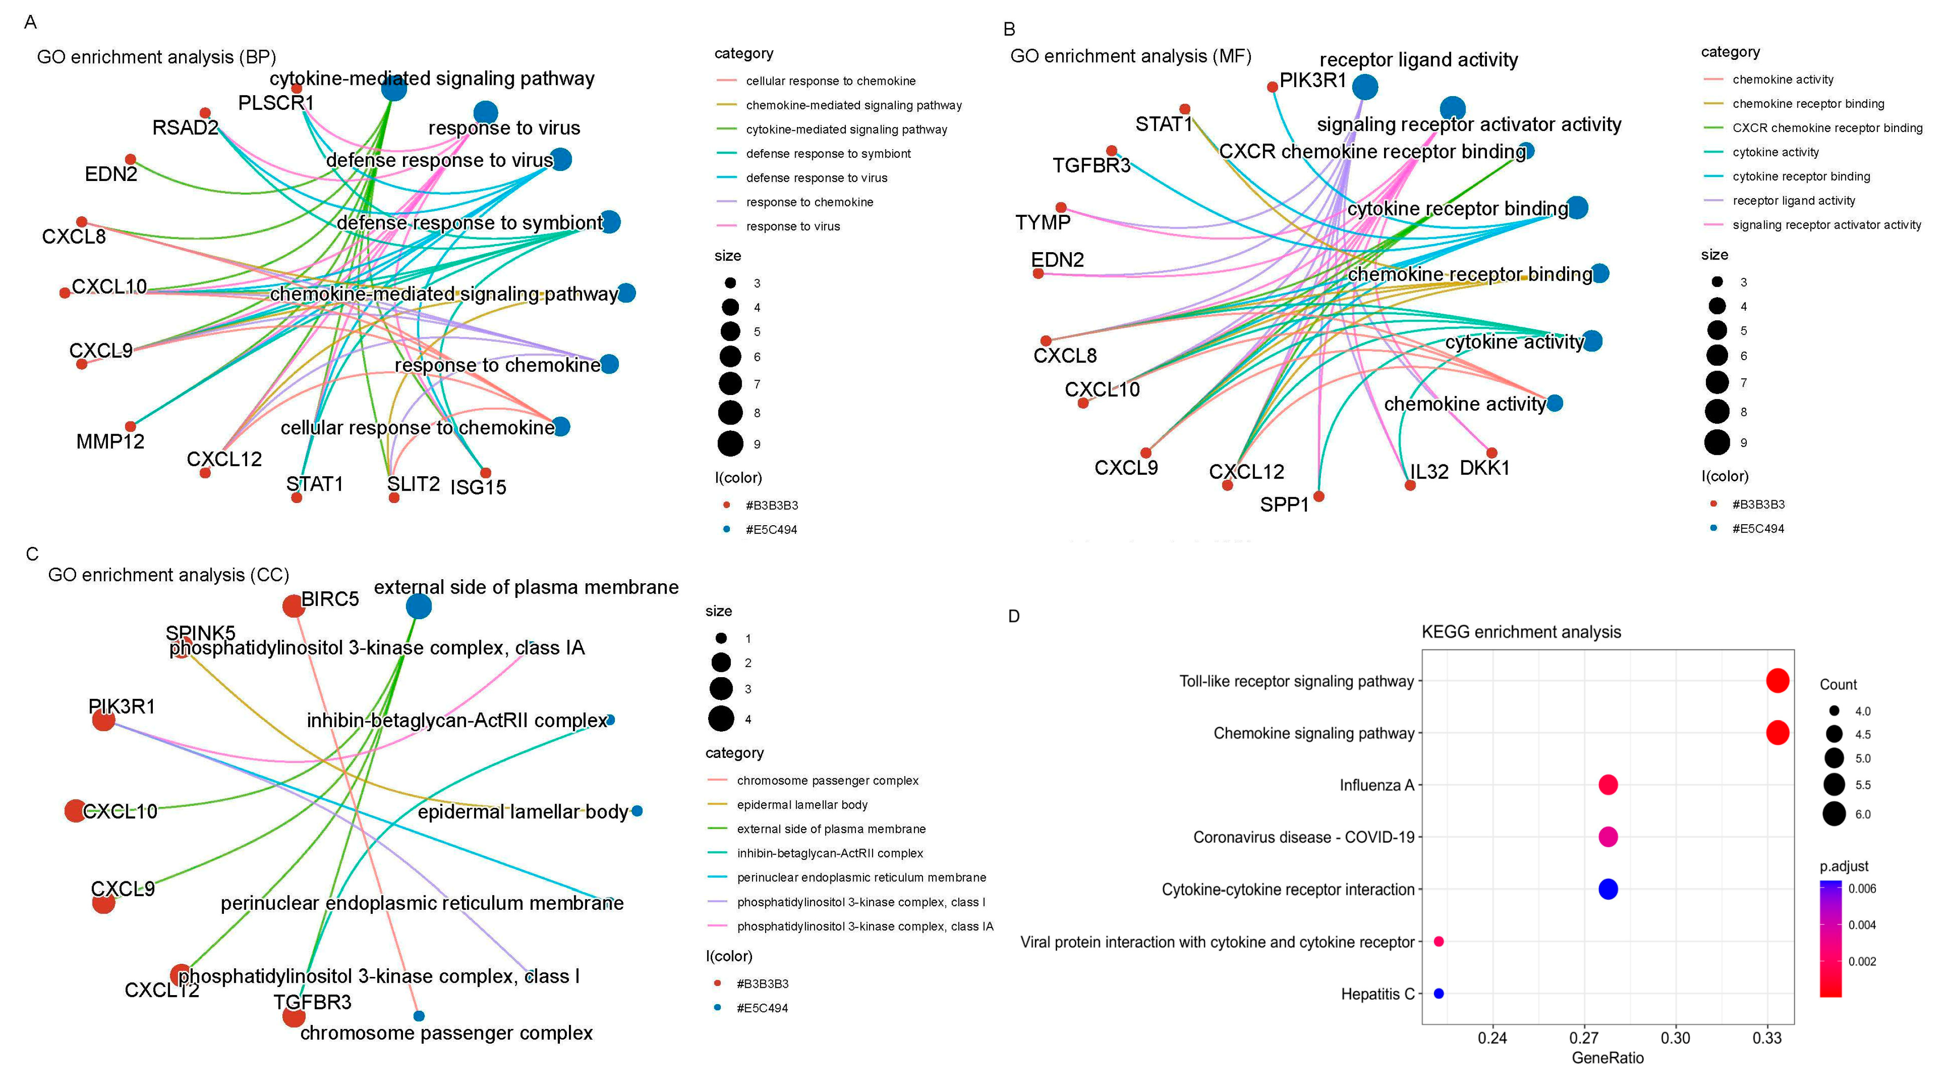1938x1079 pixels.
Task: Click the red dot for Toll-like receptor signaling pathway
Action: [x=1777, y=680]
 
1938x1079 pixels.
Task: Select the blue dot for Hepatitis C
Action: [x=1438, y=993]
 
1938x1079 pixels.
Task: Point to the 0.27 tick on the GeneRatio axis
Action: [x=1583, y=1038]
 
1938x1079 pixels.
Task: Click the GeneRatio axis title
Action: [x=1607, y=1058]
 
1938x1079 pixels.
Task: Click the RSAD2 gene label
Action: [x=185, y=128]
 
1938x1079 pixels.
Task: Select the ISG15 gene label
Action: [x=478, y=488]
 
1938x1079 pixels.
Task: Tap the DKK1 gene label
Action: [x=1484, y=468]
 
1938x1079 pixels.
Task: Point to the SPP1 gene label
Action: [x=1284, y=505]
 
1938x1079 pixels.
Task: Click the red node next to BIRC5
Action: [x=293, y=605]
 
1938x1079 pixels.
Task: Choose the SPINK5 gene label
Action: [x=200, y=633]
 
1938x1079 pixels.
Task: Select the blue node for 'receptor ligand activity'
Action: [x=1365, y=87]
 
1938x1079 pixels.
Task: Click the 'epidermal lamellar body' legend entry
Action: [x=802, y=804]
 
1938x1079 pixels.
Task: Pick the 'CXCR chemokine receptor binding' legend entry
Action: [x=1826, y=128]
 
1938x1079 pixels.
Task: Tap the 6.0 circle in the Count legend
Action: [x=1834, y=814]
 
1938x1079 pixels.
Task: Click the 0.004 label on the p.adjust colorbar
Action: [x=1862, y=925]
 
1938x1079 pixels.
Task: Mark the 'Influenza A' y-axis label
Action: [x=1376, y=785]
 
